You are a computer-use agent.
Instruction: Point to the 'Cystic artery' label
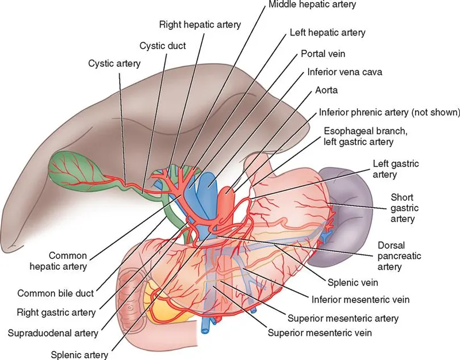[x=114, y=63]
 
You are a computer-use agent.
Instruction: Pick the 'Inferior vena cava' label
[x=344, y=72]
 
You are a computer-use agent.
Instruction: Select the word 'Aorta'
[x=327, y=91]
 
